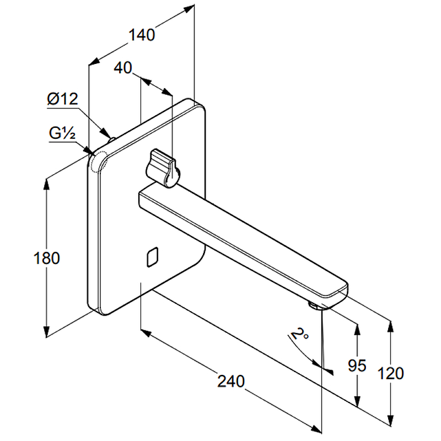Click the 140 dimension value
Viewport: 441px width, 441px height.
pyautogui.click(x=142, y=34)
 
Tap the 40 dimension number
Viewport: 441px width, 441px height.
pyautogui.click(x=124, y=68)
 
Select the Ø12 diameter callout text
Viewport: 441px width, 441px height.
pyautogui.click(x=63, y=99)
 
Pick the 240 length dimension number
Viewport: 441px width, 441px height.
pyautogui.click(x=230, y=381)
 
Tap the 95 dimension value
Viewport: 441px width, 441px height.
pyautogui.click(x=358, y=366)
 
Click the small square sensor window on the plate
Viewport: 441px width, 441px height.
pyautogui.click(x=152, y=257)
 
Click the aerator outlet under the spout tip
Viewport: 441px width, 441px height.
pyautogui.click(x=314, y=305)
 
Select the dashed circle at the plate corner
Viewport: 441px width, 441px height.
pyautogui.click(x=99, y=162)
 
